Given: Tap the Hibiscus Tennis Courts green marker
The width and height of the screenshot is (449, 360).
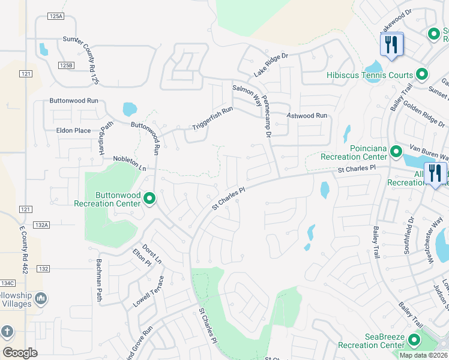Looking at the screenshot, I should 422,75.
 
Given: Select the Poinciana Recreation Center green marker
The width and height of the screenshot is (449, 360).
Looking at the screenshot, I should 396,151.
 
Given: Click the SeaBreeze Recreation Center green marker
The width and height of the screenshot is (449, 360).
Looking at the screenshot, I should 414,341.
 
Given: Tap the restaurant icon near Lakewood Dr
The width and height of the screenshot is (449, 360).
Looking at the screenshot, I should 391,44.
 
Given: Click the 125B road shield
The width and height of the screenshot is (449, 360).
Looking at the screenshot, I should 65,65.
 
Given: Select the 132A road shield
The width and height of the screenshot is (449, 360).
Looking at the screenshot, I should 41,224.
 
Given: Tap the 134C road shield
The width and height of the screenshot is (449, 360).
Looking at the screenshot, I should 7,283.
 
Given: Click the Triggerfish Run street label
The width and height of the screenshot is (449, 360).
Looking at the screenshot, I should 212,118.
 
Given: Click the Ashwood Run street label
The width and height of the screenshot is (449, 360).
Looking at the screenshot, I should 307,115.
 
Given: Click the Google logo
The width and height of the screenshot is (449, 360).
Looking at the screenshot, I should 20,353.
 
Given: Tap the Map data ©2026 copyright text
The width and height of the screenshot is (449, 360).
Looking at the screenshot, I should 423,355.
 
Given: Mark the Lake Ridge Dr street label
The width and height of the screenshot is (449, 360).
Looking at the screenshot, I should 271,64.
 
